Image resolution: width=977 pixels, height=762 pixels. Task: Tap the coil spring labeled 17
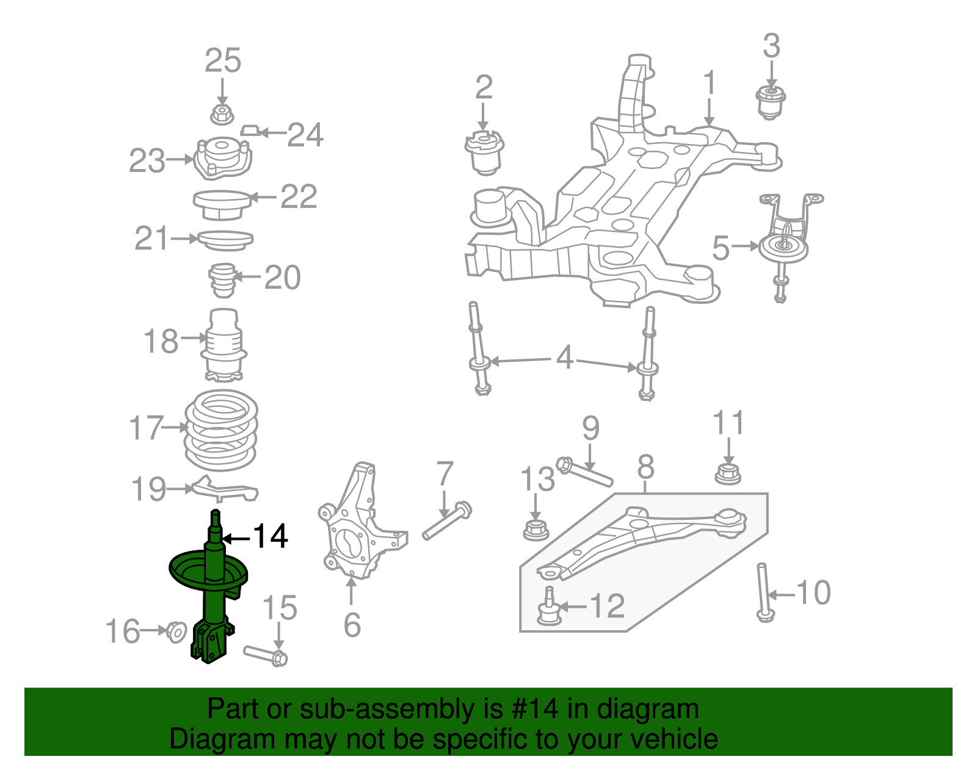coord(221,430)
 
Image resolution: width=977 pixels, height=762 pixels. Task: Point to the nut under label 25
coord(222,113)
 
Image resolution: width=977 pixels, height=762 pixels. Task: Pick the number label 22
coord(299,196)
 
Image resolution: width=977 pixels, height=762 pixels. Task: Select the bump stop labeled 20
coord(223,280)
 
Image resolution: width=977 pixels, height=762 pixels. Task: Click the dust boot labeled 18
coord(223,345)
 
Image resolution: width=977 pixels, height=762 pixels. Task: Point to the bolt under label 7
coord(448,522)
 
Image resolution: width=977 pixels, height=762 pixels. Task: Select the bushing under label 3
coord(771,102)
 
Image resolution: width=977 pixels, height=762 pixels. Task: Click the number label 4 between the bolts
coord(565,358)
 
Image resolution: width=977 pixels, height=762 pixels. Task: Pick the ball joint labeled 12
coord(548,608)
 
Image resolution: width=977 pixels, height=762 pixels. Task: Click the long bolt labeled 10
coord(763,592)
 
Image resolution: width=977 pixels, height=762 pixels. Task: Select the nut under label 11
coord(728,473)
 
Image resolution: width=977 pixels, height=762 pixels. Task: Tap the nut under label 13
coord(536,529)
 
